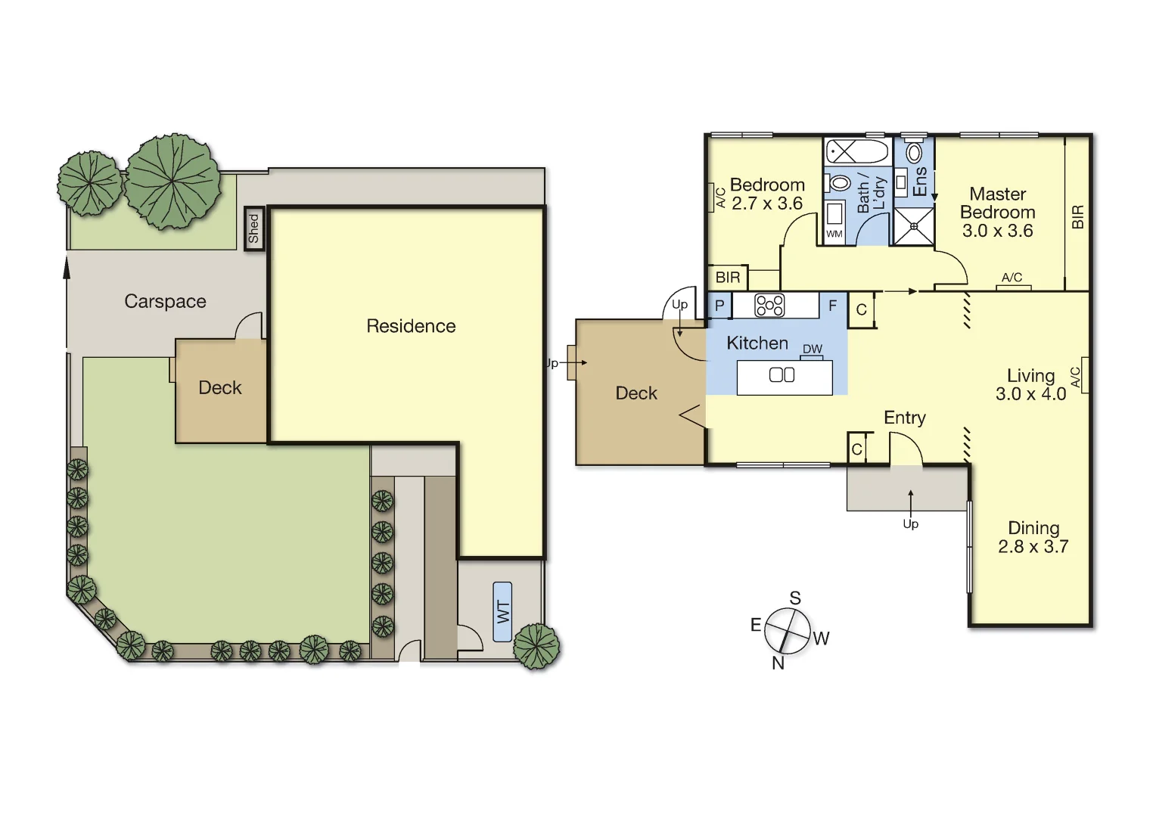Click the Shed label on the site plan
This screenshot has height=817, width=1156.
point(254,228)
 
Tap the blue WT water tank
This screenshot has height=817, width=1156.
point(502,611)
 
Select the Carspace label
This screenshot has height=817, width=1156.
point(165,301)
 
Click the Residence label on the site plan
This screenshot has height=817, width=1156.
point(411,326)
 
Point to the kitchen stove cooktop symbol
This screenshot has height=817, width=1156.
point(769,306)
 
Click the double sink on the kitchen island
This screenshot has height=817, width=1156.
point(782,374)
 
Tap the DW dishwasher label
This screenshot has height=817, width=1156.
point(813,349)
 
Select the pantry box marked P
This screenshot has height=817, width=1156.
point(719,306)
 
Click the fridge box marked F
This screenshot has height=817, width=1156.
point(832,306)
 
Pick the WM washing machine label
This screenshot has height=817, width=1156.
point(834,234)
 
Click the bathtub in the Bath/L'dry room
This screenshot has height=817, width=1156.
point(856,151)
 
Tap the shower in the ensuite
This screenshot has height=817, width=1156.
point(914,226)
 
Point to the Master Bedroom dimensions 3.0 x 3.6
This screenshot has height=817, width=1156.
point(997,231)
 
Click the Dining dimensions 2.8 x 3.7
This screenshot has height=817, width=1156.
point(1033,546)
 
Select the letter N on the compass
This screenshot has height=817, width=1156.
point(778,663)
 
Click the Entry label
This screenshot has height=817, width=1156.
point(904,418)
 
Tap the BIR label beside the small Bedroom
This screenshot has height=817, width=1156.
point(728,278)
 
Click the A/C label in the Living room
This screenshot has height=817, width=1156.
point(1075,376)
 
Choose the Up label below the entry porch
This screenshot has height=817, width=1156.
point(910,523)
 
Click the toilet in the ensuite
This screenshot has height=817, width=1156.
point(915,153)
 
